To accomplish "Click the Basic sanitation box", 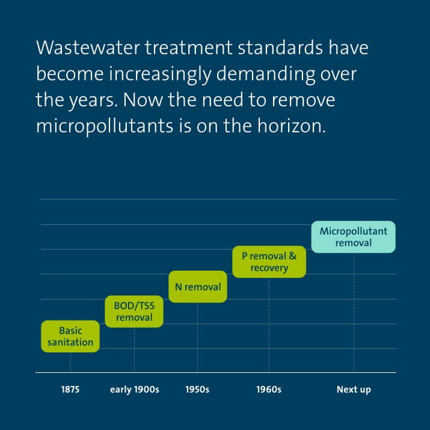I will point(70,336).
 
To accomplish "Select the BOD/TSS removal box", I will point(134,311).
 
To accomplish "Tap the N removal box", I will point(198,287).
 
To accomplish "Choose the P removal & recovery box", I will point(269,262).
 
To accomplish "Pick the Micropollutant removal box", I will point(354,237).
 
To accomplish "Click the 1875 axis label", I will point(70,390).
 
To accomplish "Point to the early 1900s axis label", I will point(134,390).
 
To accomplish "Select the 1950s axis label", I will point(197,390).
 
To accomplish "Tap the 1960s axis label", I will point(269,390).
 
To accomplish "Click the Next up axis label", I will point(354,390).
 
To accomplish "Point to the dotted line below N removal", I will point(198,336).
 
